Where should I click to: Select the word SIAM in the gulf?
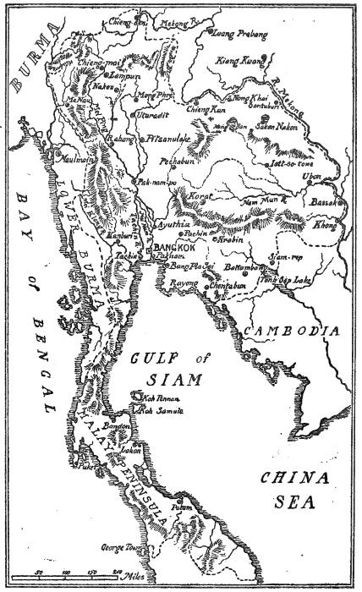[x=170, y=380]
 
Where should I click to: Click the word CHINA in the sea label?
[x=290, y=477]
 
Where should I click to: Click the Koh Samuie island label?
[x=164, y=409]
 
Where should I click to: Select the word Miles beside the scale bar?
[x=133, y=576]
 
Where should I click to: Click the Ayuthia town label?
[x=173, y=227]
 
